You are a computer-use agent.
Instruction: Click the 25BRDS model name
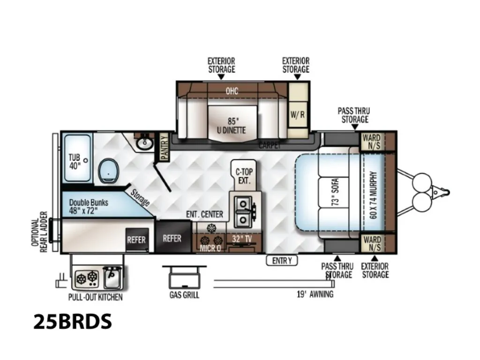73,322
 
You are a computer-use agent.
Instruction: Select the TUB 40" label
75,161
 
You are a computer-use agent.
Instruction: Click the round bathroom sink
144,143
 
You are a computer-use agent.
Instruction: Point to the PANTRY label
165,147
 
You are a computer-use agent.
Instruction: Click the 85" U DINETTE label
232,126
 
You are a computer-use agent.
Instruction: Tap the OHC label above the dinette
232,91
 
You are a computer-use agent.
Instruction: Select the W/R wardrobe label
298,114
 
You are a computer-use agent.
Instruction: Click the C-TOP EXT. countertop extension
244,176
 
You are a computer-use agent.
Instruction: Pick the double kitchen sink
243,212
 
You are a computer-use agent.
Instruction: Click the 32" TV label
242,239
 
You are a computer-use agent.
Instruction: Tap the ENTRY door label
282,261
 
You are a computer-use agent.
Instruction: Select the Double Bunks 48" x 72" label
89,207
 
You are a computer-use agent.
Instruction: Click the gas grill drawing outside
184,277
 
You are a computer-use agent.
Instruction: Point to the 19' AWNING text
315,294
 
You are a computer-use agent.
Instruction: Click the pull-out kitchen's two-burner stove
87,279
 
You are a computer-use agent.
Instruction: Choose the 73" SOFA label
335,192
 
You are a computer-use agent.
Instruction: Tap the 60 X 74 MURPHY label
373,195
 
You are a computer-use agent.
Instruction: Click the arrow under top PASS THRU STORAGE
355,127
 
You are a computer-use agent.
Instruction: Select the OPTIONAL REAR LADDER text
39,232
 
